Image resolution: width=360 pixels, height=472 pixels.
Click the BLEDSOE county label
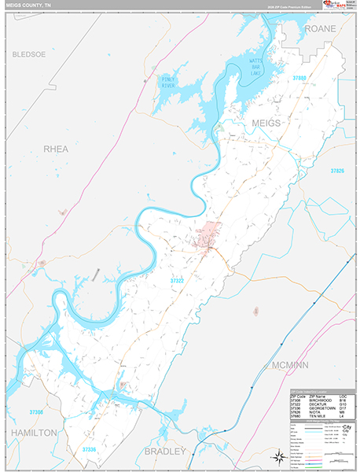click(29, 54)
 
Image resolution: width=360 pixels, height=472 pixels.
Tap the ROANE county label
click(320, 28)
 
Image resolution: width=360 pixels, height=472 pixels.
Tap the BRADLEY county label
click(165, 451)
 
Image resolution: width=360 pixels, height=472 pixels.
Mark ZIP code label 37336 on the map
click(93, 449)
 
